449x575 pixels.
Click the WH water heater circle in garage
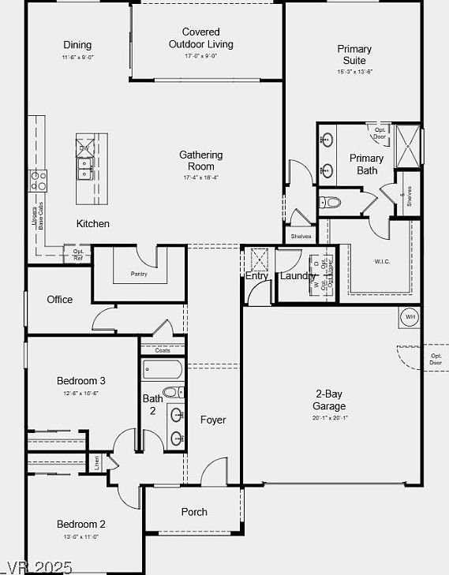coord(410,316)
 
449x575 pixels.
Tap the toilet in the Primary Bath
coord(332,203)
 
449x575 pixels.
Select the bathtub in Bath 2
coord(163,369)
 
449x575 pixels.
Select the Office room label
coord(59,300)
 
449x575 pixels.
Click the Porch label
coord(194,512)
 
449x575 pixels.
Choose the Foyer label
coord(213,420)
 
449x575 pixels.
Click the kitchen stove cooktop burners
coord(38,181)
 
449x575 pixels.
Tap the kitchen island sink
coord(84,166)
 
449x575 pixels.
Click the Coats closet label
coord(162,350)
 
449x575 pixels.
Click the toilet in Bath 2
coord(171,392)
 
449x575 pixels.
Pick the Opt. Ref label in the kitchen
coord(78,255)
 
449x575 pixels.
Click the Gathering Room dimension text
coord(200,178)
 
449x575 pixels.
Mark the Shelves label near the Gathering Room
coord(301,236)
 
